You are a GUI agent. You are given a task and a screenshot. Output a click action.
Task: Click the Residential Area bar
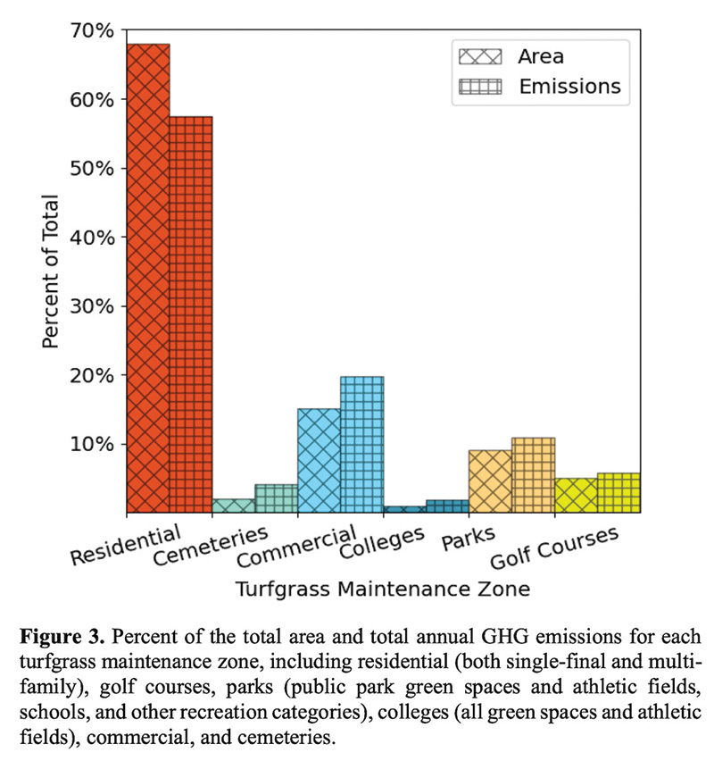(x=148, y=278)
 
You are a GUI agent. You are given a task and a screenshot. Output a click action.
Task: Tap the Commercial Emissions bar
(x=362, y=444)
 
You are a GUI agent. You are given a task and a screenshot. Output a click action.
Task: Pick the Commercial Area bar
(x=319, y=460)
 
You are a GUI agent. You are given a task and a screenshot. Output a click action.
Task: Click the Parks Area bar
(x=490, y=481)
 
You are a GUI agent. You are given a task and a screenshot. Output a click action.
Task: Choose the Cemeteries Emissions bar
(x=277, y=498)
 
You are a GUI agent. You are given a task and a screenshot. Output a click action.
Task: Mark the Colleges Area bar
(x=404, y=509)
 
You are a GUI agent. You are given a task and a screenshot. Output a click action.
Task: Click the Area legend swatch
(x=481, y=56)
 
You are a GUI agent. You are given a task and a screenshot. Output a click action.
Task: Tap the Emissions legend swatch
(x=481, y=87)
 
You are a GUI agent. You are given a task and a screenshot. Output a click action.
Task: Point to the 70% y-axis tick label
(x=93, y=31)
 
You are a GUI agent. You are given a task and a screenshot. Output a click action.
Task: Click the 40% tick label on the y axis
(x=93, y=238)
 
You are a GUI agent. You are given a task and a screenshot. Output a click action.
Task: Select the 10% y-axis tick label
(x=93, y=444)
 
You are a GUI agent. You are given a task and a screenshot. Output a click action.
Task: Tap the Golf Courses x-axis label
(x=554, y=550)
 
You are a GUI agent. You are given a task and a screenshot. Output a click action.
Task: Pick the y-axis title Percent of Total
(x=52, y=272)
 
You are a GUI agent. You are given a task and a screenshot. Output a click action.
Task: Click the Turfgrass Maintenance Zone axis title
(x=383, y=590)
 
